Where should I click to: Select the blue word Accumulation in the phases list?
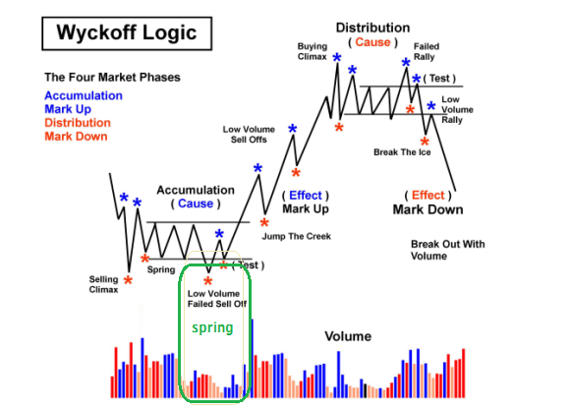click(x=84, y=95)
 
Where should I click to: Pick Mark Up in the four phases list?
click(x=68, y=109)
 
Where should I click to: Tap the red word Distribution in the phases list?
click(x=78, y=123)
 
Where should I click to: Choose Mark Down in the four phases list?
click(x=76, y=137)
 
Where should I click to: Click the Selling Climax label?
click(x=103, y=284)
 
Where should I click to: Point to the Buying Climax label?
click(x=313, y=52)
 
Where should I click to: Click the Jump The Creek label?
click(x=296, y=237)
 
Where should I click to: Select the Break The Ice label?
click(x=402, y=152)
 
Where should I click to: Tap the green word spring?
click(x=212, y=327)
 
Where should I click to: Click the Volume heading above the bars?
click(x=348, y=336)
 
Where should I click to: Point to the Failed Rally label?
click(x=427, y=52)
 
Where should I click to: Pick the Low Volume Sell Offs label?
click(x=249, y=135)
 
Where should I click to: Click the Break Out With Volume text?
click(x=447, y=250)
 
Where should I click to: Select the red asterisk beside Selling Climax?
click(x=128, y=280)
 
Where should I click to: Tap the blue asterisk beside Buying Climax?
click(x=337, y=57)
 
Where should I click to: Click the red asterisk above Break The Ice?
click(x=425, y=142)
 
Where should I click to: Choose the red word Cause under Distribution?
click(x=372, y=42)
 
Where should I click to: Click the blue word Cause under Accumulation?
click(x=196, y=204)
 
